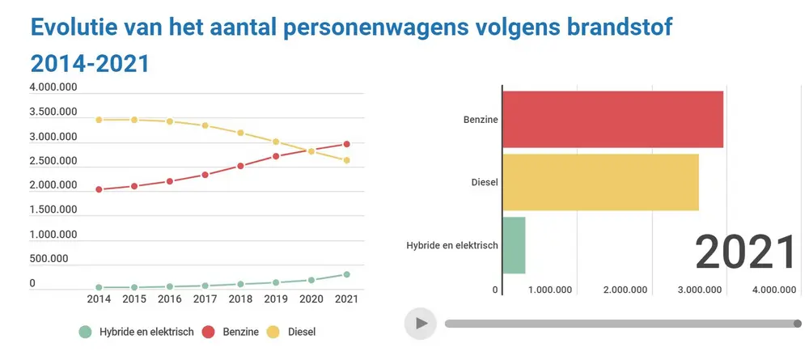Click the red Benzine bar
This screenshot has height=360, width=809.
[612, 119]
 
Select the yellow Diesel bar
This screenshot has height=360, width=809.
[600, 182]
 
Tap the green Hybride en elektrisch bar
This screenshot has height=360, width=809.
[514, 245]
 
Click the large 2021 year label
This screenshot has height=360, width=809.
[746, 252]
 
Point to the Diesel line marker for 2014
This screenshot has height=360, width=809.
[99, 120]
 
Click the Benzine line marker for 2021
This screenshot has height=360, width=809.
[347, 144]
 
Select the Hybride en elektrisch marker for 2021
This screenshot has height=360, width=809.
[347, 274]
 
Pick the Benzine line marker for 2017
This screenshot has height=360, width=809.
[205, 175]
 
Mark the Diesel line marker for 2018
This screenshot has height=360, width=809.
[240, 133]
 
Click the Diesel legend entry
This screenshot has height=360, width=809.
[292, 332]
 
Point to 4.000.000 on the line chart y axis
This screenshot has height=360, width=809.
[53, 87]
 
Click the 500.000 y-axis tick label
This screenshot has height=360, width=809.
[53, 259]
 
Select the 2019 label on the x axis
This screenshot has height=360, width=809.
[276, 299]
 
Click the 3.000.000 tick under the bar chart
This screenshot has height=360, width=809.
[700, 290]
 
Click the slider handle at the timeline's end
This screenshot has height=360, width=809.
[798, 324]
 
